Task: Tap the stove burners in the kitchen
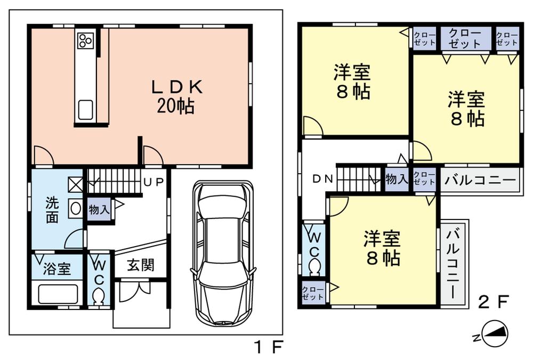[x=85, y=40]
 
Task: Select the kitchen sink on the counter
[x=86, y=110]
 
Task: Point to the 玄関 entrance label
[x=141, y=265]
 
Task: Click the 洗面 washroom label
[x=52, y=210]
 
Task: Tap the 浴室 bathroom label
[x=57, y=268]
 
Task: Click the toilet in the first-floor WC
[x=99, y=296]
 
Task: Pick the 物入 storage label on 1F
[x=100, y=209]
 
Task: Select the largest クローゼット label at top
[x=465, y=38]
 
